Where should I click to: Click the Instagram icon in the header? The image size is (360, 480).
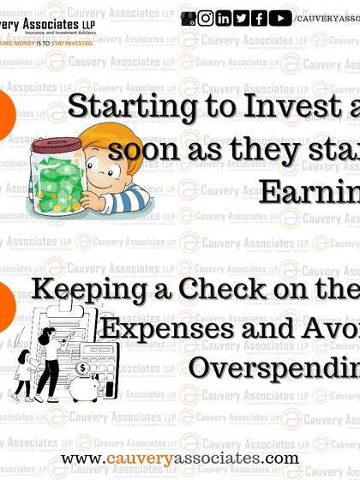[x=206, y=18]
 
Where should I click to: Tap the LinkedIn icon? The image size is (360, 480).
[x=224, y=18]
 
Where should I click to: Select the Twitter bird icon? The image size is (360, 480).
[x=242, y=18]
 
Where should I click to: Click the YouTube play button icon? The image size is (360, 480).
[x=279, y=18]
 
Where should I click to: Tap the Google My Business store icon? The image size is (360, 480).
[x=189, y=18]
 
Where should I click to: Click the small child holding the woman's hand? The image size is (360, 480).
[x=27, y=372]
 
